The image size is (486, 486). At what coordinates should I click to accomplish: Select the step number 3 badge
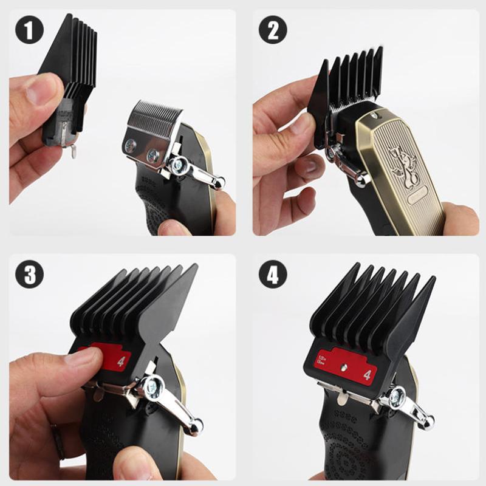(x=29, y=275)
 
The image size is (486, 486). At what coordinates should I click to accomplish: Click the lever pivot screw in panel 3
(x=151, y=387)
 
